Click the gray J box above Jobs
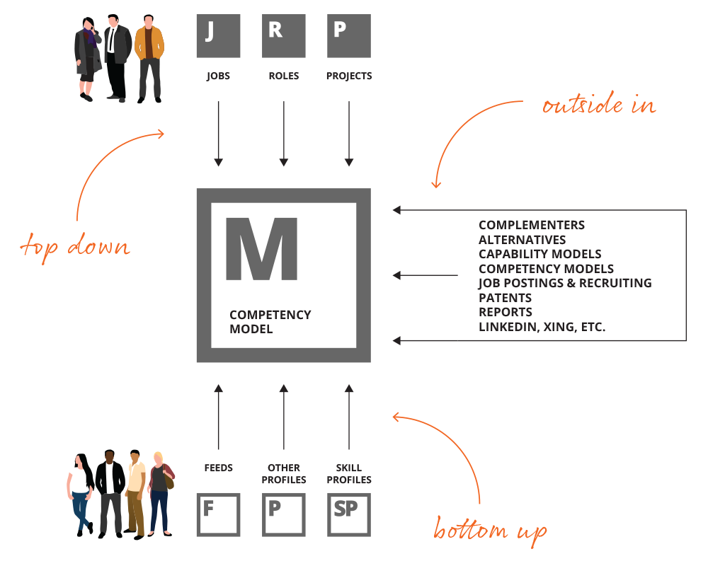219,35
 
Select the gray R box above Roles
284,35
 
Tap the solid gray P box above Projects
349,35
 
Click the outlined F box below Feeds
219,514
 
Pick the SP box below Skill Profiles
349,514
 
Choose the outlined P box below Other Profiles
284,514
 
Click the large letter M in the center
261,249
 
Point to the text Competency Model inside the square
270,322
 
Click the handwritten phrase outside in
599,104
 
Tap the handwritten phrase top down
75,246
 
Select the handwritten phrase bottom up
490,531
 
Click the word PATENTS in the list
506,298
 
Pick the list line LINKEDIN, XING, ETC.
542,327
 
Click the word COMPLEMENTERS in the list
532,225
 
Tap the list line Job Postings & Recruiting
565,283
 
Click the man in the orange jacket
149,59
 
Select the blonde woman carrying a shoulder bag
161,494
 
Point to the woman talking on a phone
88,59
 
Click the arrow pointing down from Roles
284,134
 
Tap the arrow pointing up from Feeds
219,417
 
